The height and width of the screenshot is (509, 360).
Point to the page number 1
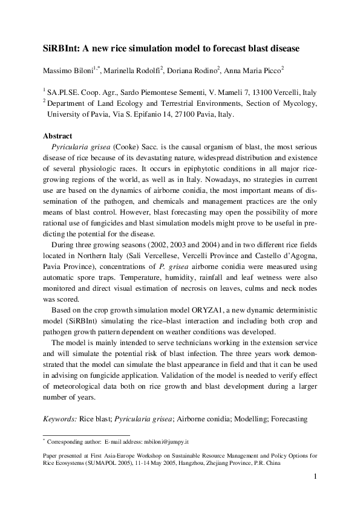click(315, 478)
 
